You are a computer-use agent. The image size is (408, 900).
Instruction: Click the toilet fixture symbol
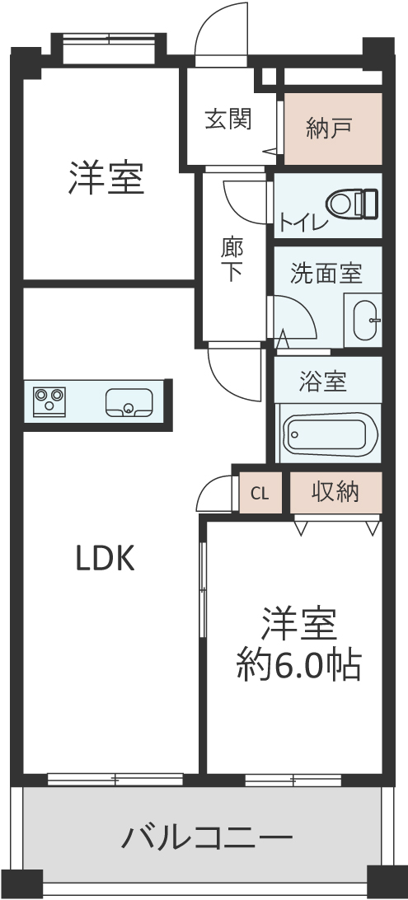[x=352, y=204]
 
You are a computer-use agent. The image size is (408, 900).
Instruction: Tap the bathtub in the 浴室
[x=331, y=433]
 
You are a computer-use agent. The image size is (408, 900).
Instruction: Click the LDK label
[x=106, y=559]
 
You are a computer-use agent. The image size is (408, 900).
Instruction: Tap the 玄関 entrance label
[x=228, y=120]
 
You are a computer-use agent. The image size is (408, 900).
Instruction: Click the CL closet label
[x=260, y=494]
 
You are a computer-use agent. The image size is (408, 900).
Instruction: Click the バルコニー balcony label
[x=207, y=837]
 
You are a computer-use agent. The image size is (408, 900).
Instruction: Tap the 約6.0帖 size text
[x=299, y=664]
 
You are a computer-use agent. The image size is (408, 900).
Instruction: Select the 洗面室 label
[x=326, y=273]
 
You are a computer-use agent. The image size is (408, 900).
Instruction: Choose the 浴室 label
[x=323, y=382]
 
